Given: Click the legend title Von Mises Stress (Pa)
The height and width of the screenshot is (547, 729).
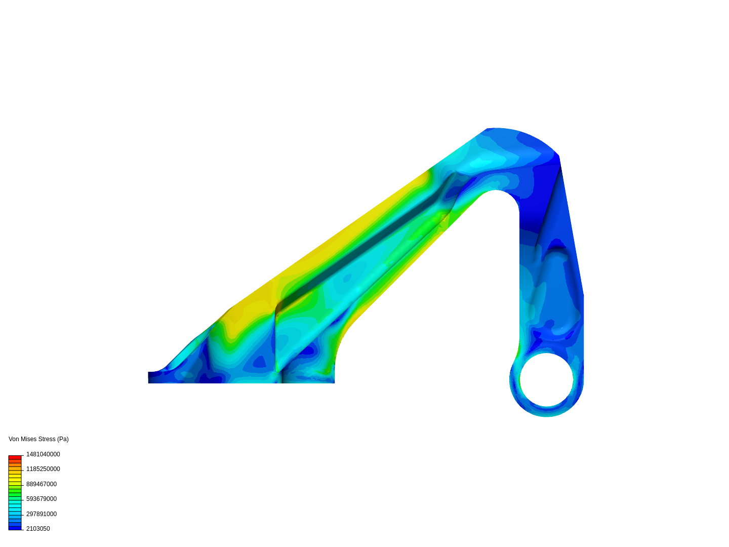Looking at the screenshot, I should [38, 439].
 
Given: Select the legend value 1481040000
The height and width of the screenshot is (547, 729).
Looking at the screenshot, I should [43, 454].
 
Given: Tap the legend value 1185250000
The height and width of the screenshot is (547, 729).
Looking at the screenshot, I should [43, 469].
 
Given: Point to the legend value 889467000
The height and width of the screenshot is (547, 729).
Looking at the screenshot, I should [42, 484].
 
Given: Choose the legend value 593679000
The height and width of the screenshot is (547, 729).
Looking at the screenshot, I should [42, 499].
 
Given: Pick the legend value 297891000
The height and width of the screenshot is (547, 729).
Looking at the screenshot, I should [42, 514].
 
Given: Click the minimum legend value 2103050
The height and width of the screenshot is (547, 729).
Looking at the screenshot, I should [38, 529].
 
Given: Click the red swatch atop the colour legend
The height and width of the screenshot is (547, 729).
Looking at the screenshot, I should [15, 457].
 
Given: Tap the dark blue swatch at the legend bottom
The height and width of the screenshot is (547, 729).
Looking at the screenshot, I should [15, 528].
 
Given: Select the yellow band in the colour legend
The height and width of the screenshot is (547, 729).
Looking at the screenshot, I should [15, 477].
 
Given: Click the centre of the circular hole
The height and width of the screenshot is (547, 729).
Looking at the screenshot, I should [546, 380].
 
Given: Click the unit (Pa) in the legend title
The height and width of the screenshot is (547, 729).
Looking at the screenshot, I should [63, 439].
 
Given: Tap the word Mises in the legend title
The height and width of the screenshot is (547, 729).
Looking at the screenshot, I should [28, 439].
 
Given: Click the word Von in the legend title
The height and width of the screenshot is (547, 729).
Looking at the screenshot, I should [14, 439].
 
